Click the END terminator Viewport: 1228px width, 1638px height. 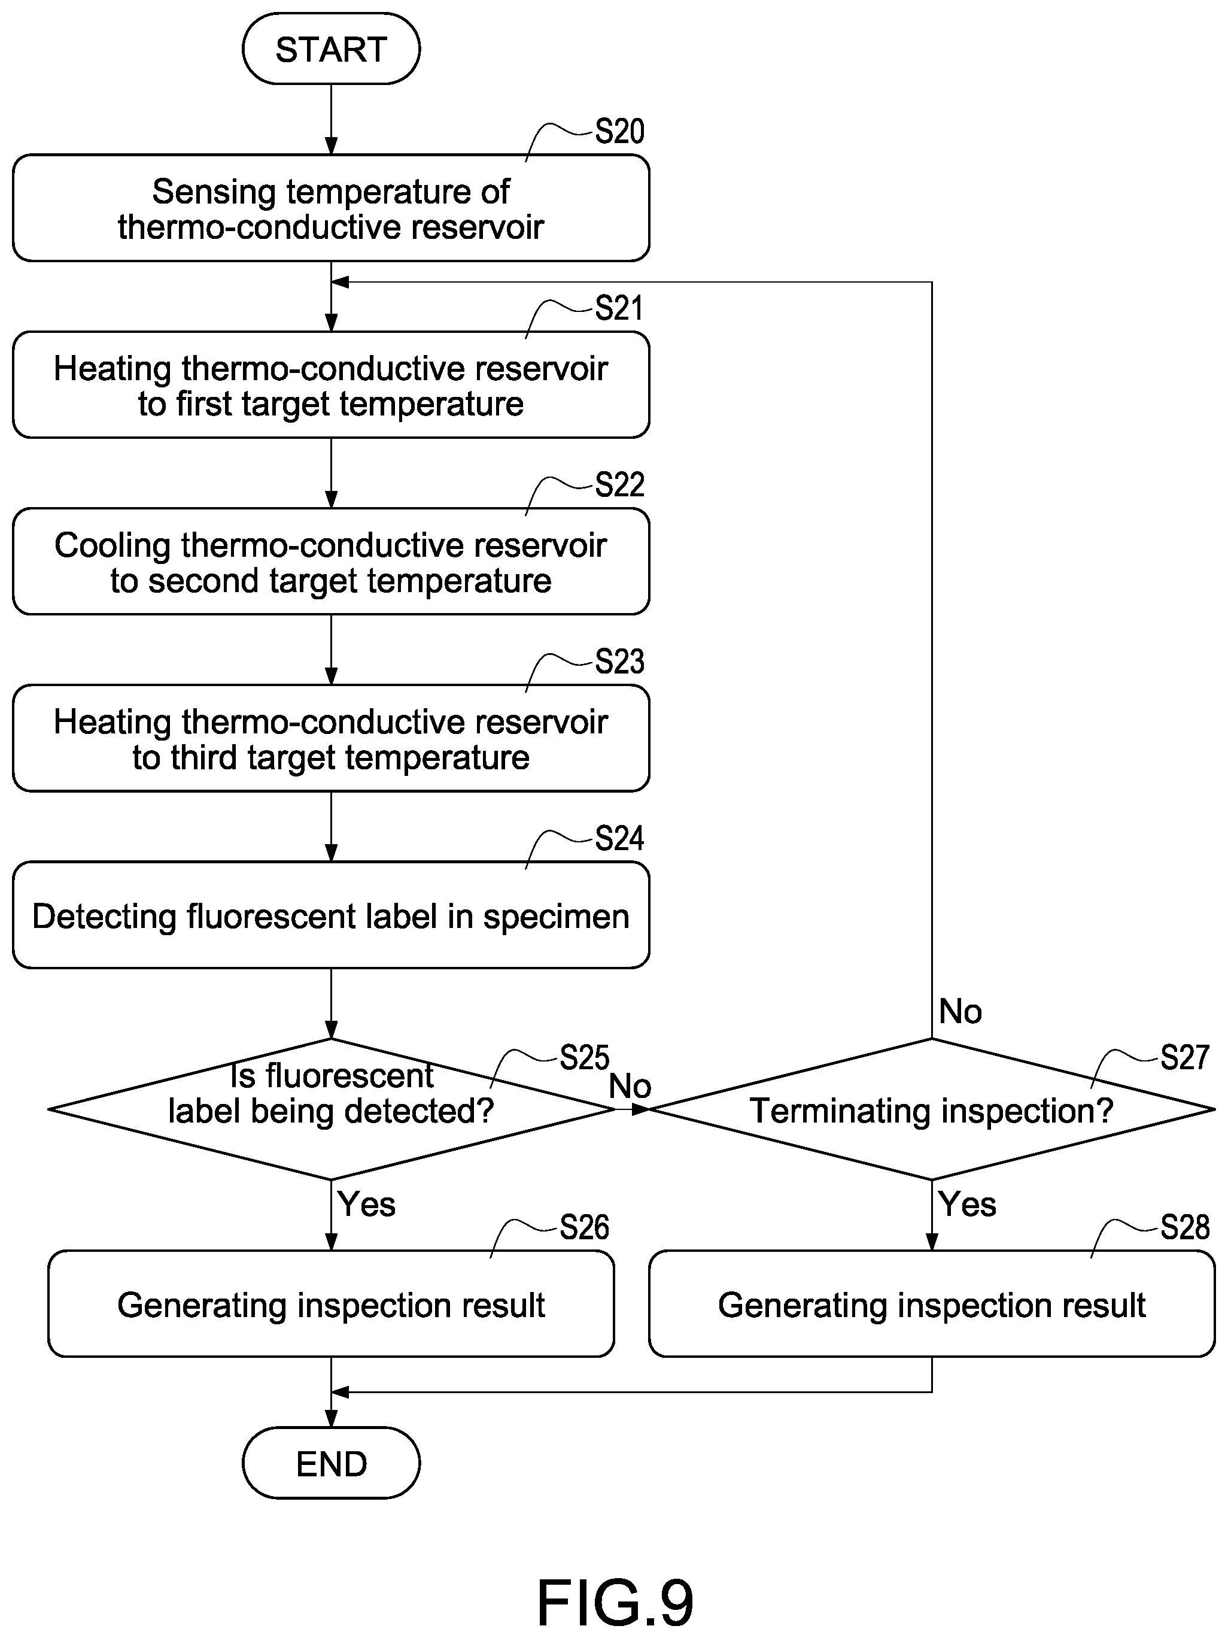tap(331, 1463)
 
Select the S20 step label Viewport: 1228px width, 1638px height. tap(619, 131)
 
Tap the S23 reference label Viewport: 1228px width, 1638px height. tap(619, 662)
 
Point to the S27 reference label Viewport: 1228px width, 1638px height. tap(1184, 1057)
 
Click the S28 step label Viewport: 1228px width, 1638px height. tap(1184, 1228)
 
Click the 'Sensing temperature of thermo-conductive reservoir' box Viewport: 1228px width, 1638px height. tap(331, 208)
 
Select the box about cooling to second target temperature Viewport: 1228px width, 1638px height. tap(331, 562)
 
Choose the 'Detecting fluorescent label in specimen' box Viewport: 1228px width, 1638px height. tap(331, 915)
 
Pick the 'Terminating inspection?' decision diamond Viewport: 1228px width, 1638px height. tap(932, 1109)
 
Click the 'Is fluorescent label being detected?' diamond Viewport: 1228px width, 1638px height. tap(331, 1109)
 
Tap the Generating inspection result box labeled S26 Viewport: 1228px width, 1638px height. tap(331, 1304)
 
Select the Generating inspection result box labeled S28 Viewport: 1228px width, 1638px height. tap(932, 1304)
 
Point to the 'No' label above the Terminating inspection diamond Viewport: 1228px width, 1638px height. tap(960, 1012)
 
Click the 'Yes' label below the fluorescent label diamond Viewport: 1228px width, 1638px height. tap(366, 1204)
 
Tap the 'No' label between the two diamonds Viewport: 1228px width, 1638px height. tap(630, 1087)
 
